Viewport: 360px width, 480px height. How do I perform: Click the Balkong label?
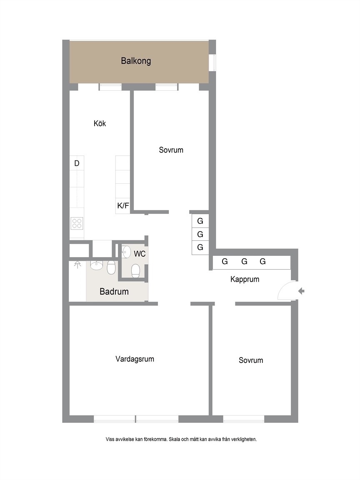tap(136, 61)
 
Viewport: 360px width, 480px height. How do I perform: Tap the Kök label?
tap(100, 123)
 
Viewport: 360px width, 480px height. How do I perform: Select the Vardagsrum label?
tap(135, 359)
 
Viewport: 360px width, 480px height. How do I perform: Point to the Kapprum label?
tap(245, 279)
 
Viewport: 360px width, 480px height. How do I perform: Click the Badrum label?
tap(114, 291)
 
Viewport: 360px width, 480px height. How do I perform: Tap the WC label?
tap(140, 254)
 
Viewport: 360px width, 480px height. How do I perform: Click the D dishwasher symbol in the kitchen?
tap(77, 163)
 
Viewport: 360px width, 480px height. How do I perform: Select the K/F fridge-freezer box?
tap(123, 205)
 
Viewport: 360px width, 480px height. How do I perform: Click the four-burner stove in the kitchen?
tap(77, 223)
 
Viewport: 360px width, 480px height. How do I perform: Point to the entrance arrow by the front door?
tap(301, 291)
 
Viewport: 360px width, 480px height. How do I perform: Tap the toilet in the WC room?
tap(135, 271)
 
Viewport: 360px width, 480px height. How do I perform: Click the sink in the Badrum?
tap(97, 265)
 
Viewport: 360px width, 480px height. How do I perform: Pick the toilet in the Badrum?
tap(111, 267)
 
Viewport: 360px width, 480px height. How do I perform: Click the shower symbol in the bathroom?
tap(77, 265)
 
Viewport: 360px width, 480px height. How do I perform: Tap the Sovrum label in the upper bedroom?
tap(171, 150)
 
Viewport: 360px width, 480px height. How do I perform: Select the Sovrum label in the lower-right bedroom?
tap(251, 360)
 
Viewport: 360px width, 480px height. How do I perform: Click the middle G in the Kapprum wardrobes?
tap(244, 261)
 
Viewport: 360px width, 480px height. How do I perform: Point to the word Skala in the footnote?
tap(175, 439)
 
